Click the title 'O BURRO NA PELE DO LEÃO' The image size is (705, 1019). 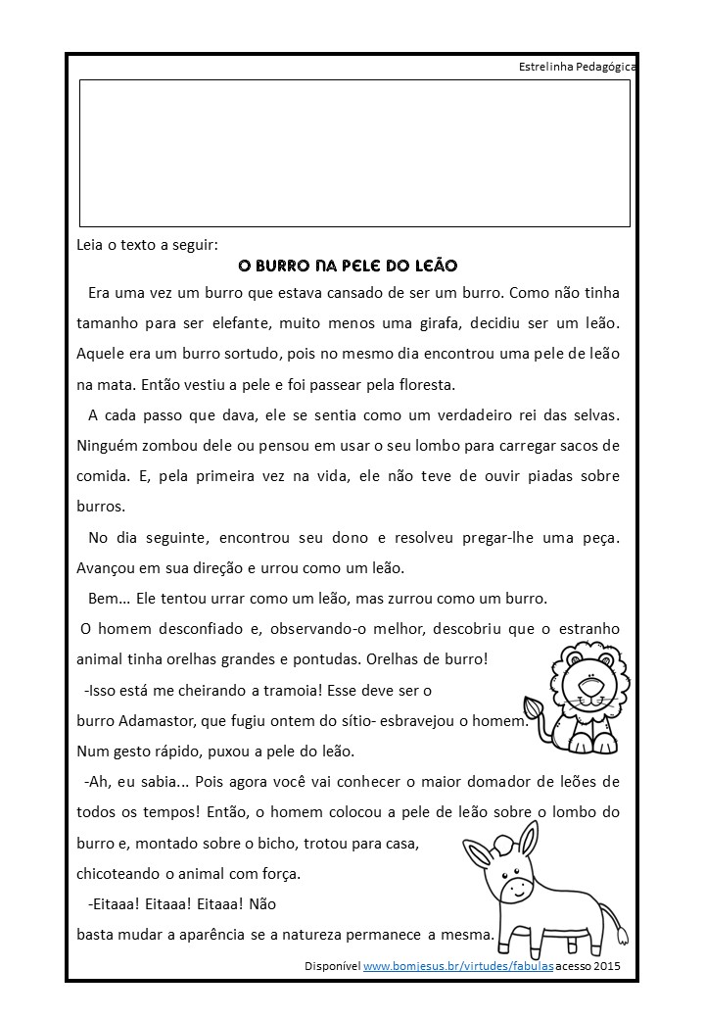(x=348, y=266)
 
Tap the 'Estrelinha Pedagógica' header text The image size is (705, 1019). (x=578, y=67)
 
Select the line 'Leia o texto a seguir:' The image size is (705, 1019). (x=147, y=245)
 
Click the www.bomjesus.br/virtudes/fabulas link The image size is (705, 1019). (x=458, y=965)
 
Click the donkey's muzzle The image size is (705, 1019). (x=512, y=889)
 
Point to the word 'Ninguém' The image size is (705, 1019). (x=106, y=445)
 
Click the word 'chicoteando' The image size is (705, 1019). (x=118, y=873)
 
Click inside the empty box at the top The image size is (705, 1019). (x=354, y=153)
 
